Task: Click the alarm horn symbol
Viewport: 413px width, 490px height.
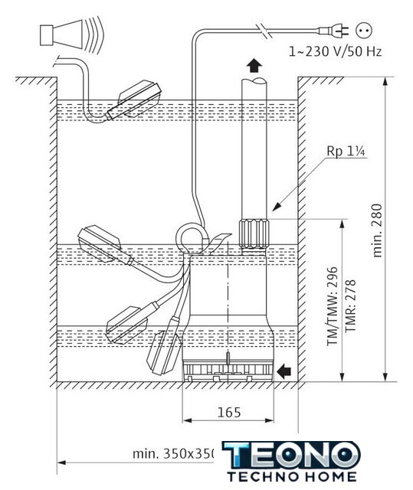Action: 71,34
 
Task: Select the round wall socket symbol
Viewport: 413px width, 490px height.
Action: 364,31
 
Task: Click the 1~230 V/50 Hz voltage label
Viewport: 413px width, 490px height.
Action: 335,51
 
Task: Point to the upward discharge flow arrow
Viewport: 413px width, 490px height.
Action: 254,65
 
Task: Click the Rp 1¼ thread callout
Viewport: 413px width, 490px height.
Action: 346,152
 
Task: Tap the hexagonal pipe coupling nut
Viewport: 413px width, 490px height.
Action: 253,234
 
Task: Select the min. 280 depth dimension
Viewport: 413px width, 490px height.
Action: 378,230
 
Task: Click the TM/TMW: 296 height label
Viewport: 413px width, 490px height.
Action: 333,306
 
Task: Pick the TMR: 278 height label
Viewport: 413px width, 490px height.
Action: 350,306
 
